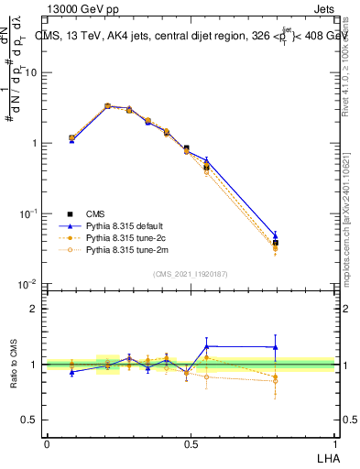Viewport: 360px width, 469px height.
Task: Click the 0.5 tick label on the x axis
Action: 190,444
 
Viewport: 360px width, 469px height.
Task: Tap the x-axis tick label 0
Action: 47,444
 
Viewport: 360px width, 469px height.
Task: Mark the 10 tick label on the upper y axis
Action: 31,72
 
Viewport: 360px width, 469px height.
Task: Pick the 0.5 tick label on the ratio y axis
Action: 31,420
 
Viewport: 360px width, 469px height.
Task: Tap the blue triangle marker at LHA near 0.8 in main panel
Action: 276,235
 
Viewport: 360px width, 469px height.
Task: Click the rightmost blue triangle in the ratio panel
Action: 276,347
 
